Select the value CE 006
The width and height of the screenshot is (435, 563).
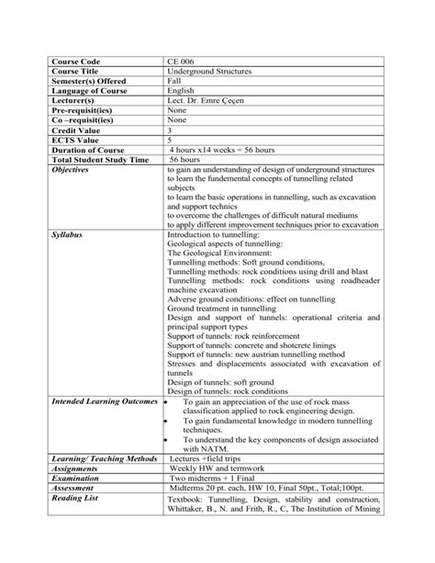(x=181, y=61)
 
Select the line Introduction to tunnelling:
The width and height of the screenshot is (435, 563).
(x=214, y=235)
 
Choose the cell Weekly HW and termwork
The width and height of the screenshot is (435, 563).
(x=222, y=468)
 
